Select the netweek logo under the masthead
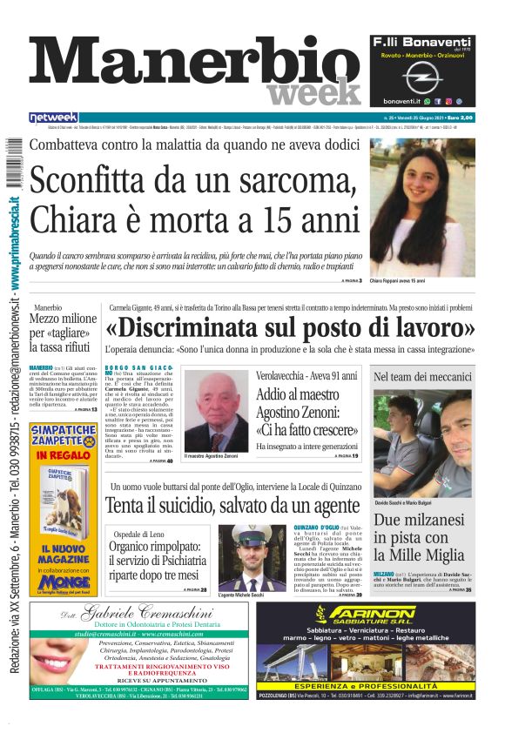tap(53, 118)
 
